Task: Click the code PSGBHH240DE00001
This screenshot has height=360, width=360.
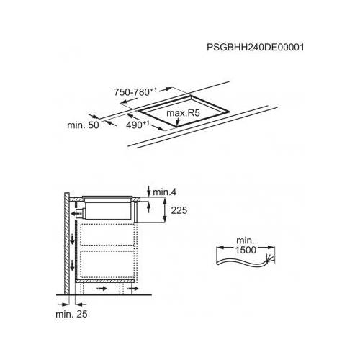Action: [x=256, y=47]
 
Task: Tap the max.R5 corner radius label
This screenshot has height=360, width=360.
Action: [x=183, y=113]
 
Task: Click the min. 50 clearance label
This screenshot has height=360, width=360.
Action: [x=83, y=125]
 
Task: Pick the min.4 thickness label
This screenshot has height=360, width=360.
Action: [x=165, y=192]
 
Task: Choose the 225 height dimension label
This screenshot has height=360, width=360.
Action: [x=179, y=210]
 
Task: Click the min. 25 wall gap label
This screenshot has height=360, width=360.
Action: [x=71, y=314]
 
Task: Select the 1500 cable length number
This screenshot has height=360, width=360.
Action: [x=246, y=250]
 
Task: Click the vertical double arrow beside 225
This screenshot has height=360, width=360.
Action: [x=165, y=210]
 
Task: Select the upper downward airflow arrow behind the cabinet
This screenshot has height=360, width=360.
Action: [x=72, y=240]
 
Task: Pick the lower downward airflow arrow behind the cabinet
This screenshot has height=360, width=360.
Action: [x=72, y=266]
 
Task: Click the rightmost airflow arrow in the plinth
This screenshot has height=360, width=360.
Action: [x=132, y=289]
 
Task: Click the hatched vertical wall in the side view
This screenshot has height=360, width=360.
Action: [x=67, y=243]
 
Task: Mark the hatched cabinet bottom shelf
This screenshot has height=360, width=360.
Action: [x=104, y=281]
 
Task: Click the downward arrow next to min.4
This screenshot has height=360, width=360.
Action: [x=149, y=191]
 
